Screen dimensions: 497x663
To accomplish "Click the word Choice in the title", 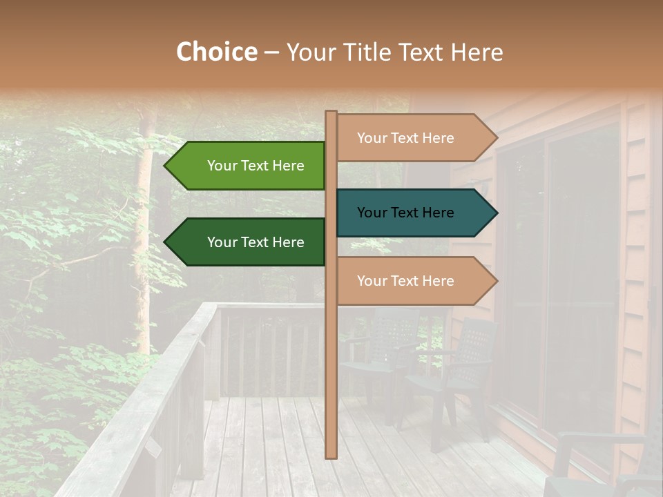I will (216, 52).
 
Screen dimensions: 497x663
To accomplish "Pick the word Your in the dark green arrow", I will (222, 242).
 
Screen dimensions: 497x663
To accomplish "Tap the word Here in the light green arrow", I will (287, 166).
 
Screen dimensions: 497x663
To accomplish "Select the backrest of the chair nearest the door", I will (477, 345).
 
